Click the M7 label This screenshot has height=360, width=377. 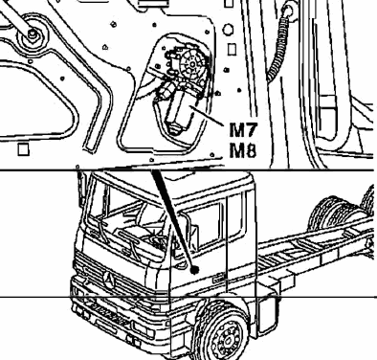[243, 129]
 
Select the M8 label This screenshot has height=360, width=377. [243, 150]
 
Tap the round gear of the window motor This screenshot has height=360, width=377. [192, 65]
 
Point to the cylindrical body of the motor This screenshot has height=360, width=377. [178, 110]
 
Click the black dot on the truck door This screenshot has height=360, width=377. [194, 270]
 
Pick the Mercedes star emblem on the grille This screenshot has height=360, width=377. [109, 279]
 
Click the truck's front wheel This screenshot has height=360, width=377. [225, 334]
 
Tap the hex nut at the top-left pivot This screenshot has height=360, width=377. [32, 34]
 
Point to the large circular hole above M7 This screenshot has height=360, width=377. [228, 31]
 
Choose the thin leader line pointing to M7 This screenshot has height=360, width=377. [209, 116]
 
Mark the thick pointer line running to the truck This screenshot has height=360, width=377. [174, 220]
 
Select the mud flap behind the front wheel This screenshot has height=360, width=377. [267, 315]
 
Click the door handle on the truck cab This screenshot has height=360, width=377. [220, 279]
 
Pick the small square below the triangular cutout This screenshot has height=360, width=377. [23, 149]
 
